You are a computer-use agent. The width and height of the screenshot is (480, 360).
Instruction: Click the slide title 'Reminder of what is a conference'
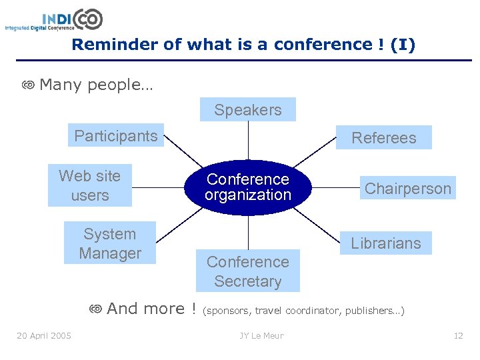[243, 45]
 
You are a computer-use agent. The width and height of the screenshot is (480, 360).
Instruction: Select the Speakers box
[248, 110]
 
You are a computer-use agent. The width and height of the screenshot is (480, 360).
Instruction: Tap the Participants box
[116, 136]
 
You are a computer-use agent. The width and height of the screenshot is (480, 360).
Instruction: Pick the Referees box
[383, 138]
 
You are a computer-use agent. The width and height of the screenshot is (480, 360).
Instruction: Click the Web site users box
[90, 185]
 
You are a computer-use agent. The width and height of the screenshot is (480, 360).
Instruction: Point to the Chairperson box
[407, 189]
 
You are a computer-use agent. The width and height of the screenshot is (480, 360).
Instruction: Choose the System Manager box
[110, 243]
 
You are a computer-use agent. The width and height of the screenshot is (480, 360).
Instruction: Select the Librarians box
[386, 243]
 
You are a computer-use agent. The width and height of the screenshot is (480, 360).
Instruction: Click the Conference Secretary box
[248, 271]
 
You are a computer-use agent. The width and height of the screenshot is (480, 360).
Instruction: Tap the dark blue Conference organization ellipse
[248, 187]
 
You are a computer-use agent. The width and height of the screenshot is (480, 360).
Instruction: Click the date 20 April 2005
[44, 335]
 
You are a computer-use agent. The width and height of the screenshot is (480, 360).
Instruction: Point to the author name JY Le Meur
[262, 335]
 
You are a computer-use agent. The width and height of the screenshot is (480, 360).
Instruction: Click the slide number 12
[458, 335]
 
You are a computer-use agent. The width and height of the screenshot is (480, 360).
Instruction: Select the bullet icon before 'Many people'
[28, 85]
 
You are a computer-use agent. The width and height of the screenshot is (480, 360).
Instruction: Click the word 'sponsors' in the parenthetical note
[229, 311]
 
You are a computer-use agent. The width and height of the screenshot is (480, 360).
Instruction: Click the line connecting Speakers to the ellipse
[248, 141]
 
